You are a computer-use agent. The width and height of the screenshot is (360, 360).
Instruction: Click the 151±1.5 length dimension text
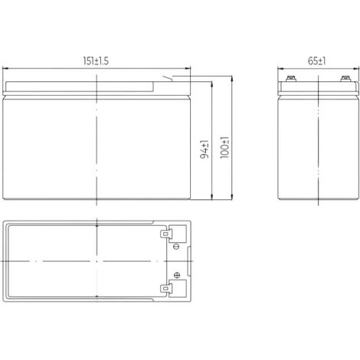coord(96,61)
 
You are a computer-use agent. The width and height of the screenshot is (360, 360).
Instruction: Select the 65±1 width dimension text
coord(316,61)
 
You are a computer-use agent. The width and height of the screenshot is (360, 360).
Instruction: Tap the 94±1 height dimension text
coord(205,149)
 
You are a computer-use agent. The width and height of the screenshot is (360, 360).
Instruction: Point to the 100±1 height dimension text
coord(224,148)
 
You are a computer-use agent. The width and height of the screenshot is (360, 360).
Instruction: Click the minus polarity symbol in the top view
coord(176,247)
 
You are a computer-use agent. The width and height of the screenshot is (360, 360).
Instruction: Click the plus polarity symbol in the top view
coord(177,275)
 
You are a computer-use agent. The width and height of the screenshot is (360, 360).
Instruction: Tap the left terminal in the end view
coord(291,78)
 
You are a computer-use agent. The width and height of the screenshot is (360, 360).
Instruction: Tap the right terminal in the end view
coord(345,78)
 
